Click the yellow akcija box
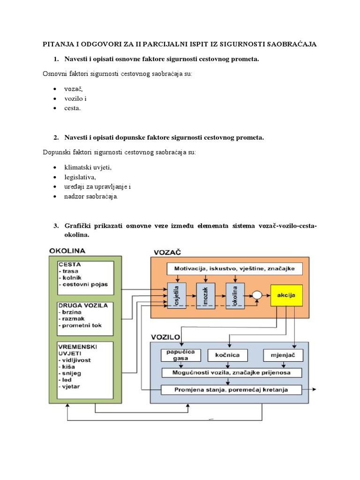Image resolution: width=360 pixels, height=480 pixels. pyautogui.click(x=286, y=295)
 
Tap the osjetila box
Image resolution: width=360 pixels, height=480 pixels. pyautogui.click(x=177, y=295)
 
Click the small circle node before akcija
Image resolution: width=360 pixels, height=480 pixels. pyautogui.click(x=256, y=295)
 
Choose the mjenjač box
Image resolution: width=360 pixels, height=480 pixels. pyautogui.click(x=283, y=355)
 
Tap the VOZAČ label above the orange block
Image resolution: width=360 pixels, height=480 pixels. pyautogui.click(x=166, y=252)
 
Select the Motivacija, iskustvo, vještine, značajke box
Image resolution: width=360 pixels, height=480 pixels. pyautogui.click(x=235, y=269)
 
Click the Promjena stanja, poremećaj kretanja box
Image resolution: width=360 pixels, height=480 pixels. pyautogui.click(x=231, y=390)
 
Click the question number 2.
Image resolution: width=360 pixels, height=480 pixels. pyautogui.click(x=56, y=138)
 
